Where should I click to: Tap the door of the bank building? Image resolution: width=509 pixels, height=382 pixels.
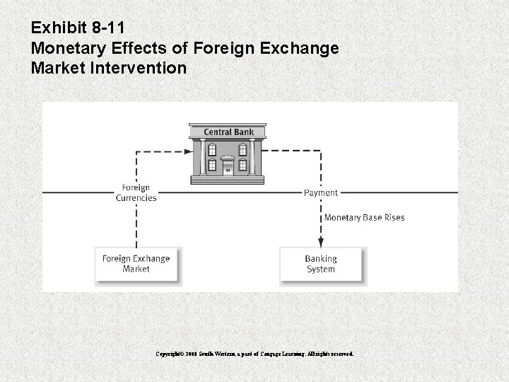pos(228,168)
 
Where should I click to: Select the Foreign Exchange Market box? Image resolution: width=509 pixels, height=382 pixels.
pos(136,264)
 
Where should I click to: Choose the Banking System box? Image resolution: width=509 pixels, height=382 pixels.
pos(321,264)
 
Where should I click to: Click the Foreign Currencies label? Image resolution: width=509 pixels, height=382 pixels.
pos(136,192)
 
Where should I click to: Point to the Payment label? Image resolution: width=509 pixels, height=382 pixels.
pos(321,192)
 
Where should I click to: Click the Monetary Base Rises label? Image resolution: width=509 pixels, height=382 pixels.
pos(364,217)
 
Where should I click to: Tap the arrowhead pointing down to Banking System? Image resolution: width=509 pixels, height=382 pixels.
pos(321,243)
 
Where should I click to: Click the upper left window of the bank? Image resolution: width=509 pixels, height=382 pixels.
pos(213,149)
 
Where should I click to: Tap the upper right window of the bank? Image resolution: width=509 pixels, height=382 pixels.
pos(242,149)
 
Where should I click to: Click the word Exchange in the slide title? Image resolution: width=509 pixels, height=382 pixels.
pos(299,49)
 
